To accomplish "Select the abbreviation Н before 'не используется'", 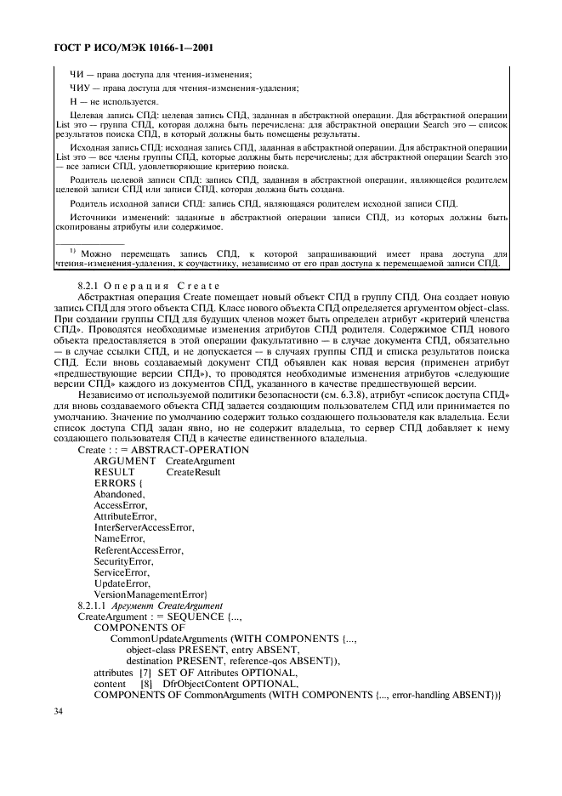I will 72,101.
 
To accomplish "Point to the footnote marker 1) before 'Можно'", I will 73,252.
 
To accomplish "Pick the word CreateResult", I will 193,472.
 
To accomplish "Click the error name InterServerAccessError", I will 144,527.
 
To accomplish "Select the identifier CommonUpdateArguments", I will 169,638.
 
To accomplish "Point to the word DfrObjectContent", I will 193,683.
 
